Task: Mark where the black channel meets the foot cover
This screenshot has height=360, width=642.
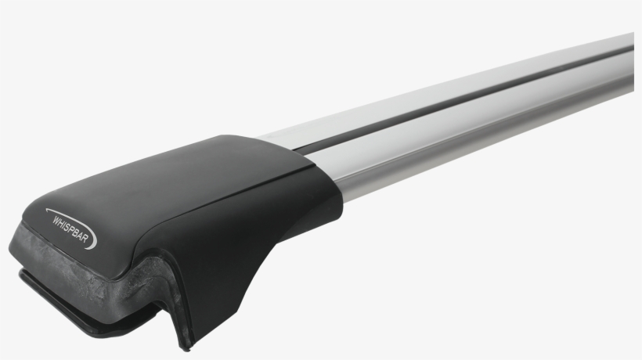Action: click(301, 149)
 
